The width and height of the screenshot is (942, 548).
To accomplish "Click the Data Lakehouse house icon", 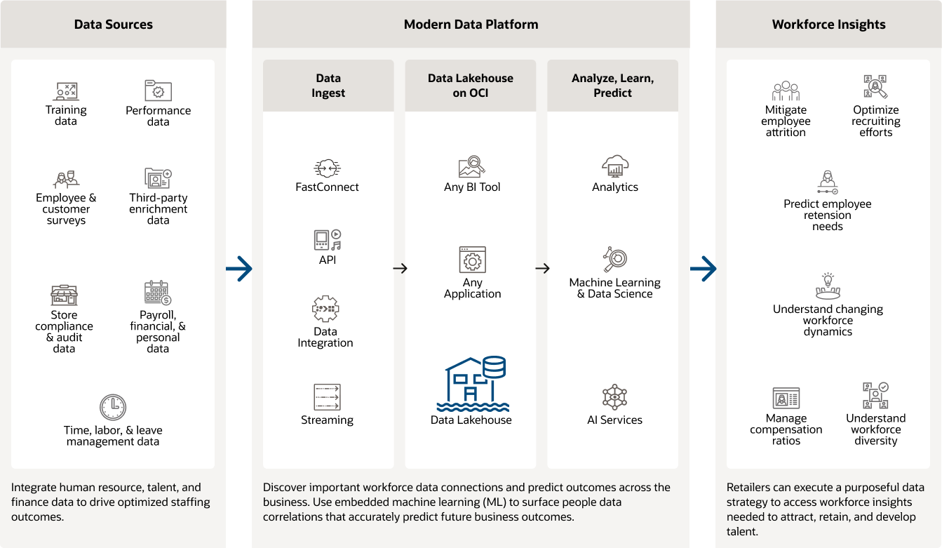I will (x=471, y=383).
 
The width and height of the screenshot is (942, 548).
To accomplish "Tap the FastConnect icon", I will (x=327, y=168).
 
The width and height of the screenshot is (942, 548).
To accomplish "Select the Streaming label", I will (x=327, y=420).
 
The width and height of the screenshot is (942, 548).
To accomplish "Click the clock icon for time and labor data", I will (x=113, y=407).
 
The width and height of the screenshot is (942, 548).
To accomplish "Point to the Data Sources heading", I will (x=113, y=25).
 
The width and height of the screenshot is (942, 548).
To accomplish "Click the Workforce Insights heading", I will (x=828, y=25).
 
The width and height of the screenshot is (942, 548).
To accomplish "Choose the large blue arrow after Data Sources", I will (x=239, y=268).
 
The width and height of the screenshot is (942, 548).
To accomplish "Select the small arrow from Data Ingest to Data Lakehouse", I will (x=400, y=268).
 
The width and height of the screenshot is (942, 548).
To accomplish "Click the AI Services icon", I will (x=614, y=397).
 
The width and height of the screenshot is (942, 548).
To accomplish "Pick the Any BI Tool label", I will (x=472, y=187).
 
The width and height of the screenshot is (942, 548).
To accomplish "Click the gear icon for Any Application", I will (x=472, y=260).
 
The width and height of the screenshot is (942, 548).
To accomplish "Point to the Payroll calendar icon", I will (x=158, y=293).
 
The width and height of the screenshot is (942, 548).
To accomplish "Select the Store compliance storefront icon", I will (x=64, y=295).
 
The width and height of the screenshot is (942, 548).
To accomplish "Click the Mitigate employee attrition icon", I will (x=786, y=91).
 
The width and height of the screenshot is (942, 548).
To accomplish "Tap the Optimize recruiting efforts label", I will (x=875, y=121).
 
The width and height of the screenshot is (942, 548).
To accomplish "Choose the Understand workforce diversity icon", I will (x=875, y=396).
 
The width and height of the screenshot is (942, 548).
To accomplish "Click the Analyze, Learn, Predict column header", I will (x=612, y=86).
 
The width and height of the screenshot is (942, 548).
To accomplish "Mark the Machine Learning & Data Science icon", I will (x=614, y=260).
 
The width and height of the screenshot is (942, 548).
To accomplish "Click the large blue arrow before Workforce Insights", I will (x=703, y=268).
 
